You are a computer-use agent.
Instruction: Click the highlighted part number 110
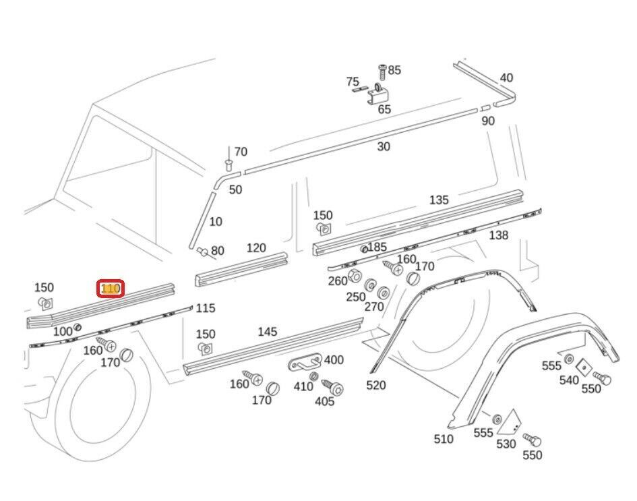(x=111, y=289)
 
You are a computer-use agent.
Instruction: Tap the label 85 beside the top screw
(x=394, y=69)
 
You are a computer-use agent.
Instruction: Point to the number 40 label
(x=506, y=78)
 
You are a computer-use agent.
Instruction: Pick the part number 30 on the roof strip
(x=383, y=146)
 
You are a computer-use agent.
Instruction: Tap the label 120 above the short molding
(x=256, y=248)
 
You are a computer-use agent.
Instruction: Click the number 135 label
(x=439, y=200)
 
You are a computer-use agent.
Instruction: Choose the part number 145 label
(x=268, y=332)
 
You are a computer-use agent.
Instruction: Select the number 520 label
(x=376, y=385)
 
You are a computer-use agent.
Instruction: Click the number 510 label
(x=444, y=440)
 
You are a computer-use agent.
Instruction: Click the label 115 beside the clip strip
(x=205, y=308)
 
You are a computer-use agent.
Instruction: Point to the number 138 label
(x=499, y=235)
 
